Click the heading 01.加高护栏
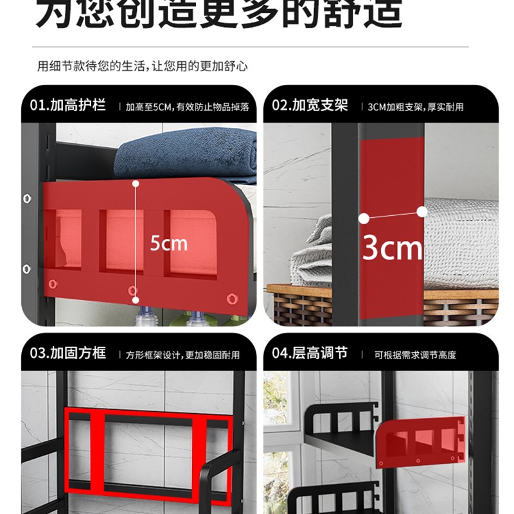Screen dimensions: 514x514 [x=68, y=105]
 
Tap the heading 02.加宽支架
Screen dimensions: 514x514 [x=310, y=105]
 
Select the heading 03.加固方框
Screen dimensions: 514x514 [x=68, y=353]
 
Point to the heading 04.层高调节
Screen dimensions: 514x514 [x=310, y=353]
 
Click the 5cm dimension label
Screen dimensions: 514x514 [x=168, y=244]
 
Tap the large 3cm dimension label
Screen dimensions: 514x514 [x=393, y=247]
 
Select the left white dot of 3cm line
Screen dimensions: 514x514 [x=364, y=218]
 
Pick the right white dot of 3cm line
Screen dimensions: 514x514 [x=422, y=211]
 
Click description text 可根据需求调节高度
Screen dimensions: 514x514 [x=415, y=355]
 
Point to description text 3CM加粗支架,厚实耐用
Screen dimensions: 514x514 [x=415, y=107]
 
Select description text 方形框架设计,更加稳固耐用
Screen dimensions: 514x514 [x=182, y=355]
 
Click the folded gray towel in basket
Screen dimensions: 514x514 [x=312, y=257]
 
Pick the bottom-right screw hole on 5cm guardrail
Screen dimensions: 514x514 [x=232, y=298]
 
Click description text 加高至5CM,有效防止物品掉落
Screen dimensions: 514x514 [x=187, y=107]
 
